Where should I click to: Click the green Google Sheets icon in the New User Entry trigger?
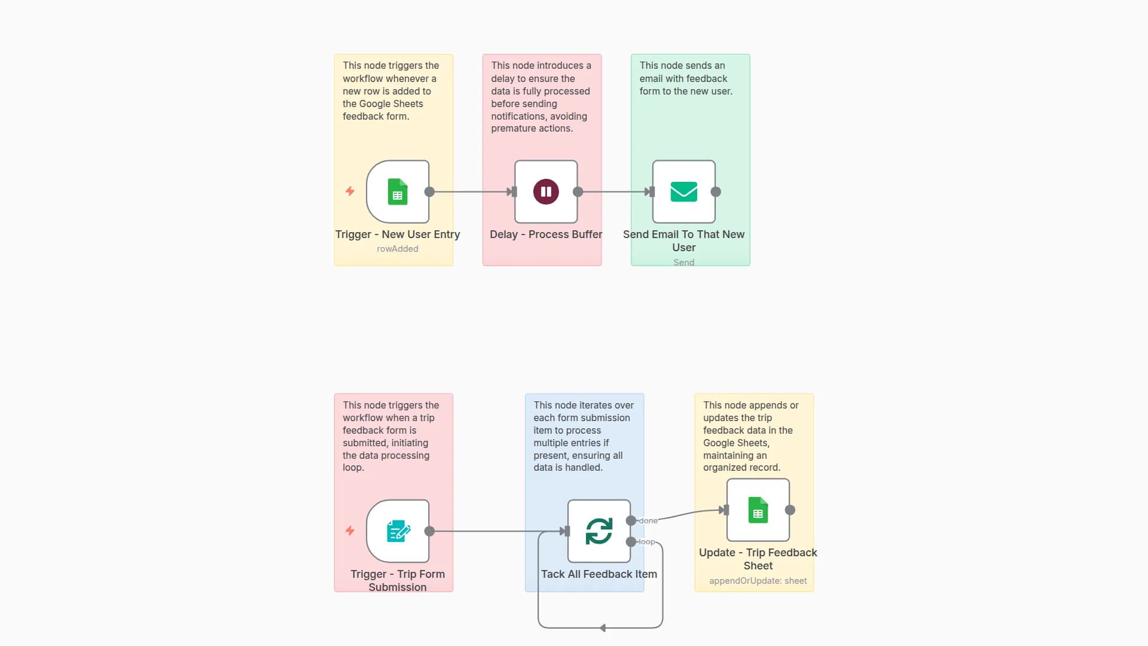point(398,192)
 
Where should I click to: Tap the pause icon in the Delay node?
point(546,192)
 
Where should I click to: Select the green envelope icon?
point(683,192)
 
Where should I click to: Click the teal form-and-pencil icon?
point(398,531)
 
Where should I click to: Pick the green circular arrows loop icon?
point(599,531)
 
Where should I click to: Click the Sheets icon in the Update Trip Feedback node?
point(758,510)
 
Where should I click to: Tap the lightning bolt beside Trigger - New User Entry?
point(350,191)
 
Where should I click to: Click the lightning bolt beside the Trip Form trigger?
point(350,531)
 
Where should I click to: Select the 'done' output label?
point(648,521)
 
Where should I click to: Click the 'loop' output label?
point(646,542)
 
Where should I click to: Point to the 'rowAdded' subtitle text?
point(398,249)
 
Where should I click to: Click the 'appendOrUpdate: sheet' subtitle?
point(758,581)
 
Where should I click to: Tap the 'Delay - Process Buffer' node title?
point(546,234)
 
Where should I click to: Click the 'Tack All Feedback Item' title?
point(599,574)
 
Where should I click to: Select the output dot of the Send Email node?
point(716,192)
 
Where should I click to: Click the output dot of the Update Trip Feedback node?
point(790,510)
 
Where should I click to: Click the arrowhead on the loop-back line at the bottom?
point(603,628)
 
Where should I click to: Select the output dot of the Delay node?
point(578,192)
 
